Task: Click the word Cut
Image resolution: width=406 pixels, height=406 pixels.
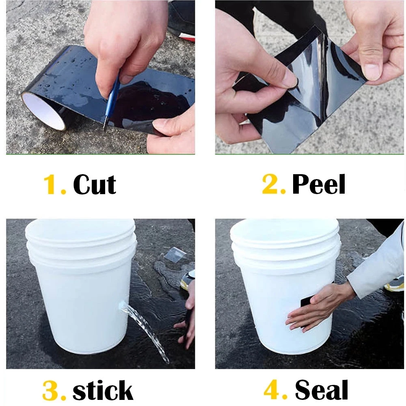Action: coord(95,184)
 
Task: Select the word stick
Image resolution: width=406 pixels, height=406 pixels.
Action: coord(103,391)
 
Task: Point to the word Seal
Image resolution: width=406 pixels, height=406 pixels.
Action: coord(321,390)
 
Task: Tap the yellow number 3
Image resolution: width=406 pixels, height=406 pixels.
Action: coord(51,391)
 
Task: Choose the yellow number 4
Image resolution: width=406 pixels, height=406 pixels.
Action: coord(273,389)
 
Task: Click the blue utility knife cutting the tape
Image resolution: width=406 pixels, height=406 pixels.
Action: coord(111,104)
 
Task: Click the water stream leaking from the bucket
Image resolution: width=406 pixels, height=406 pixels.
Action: coord(145,331)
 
